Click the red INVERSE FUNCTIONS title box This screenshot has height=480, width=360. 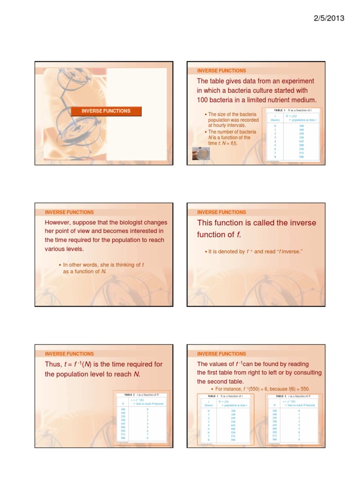tap(105, 111)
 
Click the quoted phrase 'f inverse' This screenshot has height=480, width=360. tap(288, 252)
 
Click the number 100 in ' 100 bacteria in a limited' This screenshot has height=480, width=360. tap(203, 100)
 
